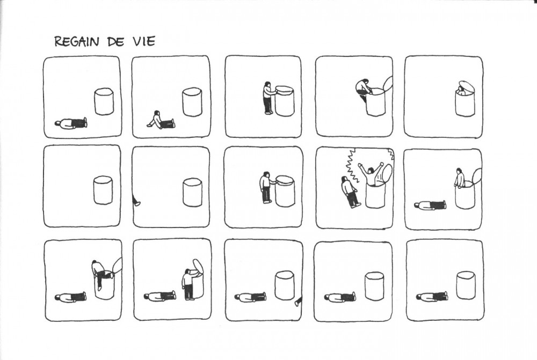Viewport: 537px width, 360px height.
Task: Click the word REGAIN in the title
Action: (x=77, y=41)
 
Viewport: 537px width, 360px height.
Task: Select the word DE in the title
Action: (x=115, y=42)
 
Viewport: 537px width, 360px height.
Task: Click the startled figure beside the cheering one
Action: (x=350, y=192)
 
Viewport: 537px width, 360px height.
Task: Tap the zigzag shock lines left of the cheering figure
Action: (x=350, y=165)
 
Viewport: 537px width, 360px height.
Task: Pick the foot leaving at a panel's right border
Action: (x=299, y=302)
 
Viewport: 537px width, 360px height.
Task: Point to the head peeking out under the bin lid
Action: (x=462, y=90)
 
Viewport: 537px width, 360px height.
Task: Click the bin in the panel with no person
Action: (x=103, y=190)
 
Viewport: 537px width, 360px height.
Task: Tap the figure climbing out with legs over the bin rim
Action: (x=100, y=273)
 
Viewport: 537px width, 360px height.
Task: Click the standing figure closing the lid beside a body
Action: (x=189, y=284)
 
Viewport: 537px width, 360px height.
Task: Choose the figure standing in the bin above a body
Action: (x=460, y=178)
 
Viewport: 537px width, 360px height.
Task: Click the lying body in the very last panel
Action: (x=432, y=296)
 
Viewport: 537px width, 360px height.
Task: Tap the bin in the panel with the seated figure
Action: (x=192, y=102)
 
